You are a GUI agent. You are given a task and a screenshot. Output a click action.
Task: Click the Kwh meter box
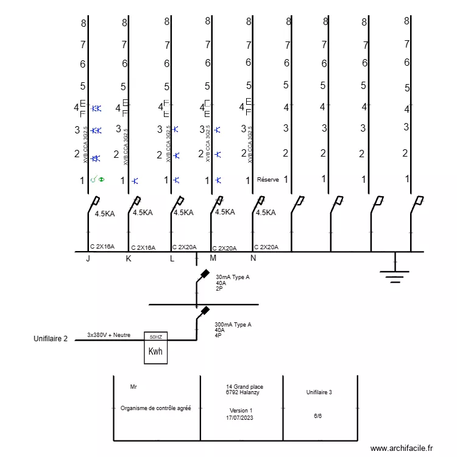point(155,352)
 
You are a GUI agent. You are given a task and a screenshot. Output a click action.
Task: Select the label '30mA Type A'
point(233,277)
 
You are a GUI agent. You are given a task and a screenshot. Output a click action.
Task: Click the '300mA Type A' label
point(233,325)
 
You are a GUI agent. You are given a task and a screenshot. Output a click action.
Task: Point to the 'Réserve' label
point(268,180)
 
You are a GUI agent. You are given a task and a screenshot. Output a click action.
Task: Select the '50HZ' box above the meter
point(155,336)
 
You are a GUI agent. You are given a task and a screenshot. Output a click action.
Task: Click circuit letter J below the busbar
point(88,259)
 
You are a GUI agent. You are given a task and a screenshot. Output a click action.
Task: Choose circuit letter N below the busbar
point(253,258)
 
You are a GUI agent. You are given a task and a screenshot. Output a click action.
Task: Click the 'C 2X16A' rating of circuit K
point(143,248)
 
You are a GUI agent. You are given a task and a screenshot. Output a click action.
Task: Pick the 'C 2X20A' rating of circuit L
point(185,247)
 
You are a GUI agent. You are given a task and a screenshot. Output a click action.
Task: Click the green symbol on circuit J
point(97,180)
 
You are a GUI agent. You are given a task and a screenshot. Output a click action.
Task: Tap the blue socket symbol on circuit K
point(135,180)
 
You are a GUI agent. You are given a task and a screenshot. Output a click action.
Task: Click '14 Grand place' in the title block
point(244,387)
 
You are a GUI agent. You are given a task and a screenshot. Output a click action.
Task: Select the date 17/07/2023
point(239,418)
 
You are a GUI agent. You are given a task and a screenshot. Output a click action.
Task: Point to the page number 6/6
point(318,416)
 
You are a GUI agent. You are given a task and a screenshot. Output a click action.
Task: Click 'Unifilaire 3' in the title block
point(319,392)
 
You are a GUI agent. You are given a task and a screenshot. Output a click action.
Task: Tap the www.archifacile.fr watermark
point(401,448)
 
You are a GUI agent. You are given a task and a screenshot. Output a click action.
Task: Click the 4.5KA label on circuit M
point(225,212)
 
